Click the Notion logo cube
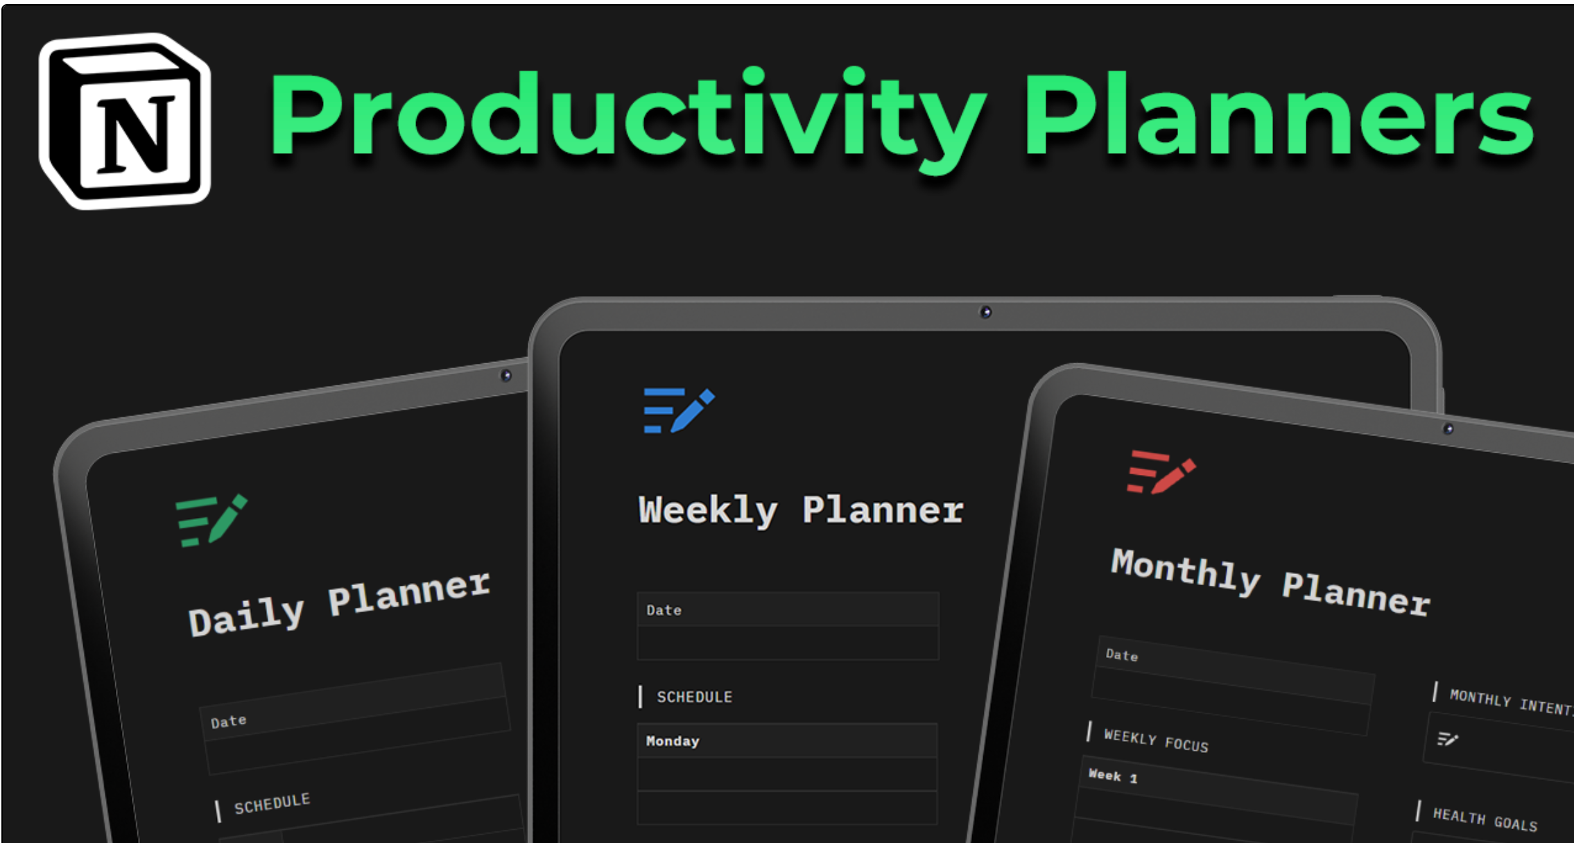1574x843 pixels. coord(126,121)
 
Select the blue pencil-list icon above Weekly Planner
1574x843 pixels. coord(678,410)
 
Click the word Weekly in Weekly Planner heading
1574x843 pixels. coord(707,510)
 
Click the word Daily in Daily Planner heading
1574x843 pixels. coord(246,616)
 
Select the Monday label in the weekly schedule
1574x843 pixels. coord(673,741)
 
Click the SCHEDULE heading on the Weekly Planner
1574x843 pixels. coord(694,697)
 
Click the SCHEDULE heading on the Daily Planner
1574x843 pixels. coord(272,803)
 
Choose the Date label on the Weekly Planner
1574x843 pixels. coord(664,610)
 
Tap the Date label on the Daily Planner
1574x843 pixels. coord(228,721)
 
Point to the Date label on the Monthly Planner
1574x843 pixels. coord(1121,654)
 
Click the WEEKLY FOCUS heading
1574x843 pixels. coord(1156,740)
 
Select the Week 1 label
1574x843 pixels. coord(1112,776)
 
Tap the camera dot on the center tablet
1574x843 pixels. coord(985,313)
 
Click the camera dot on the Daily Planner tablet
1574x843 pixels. coord(506,376)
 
